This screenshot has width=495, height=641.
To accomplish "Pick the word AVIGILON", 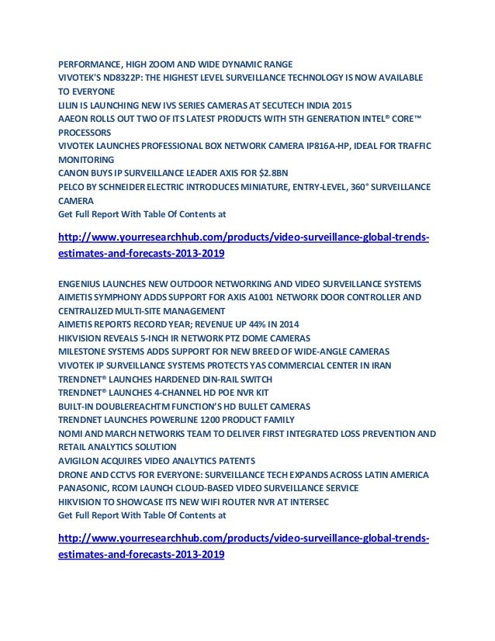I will (81, 460).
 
